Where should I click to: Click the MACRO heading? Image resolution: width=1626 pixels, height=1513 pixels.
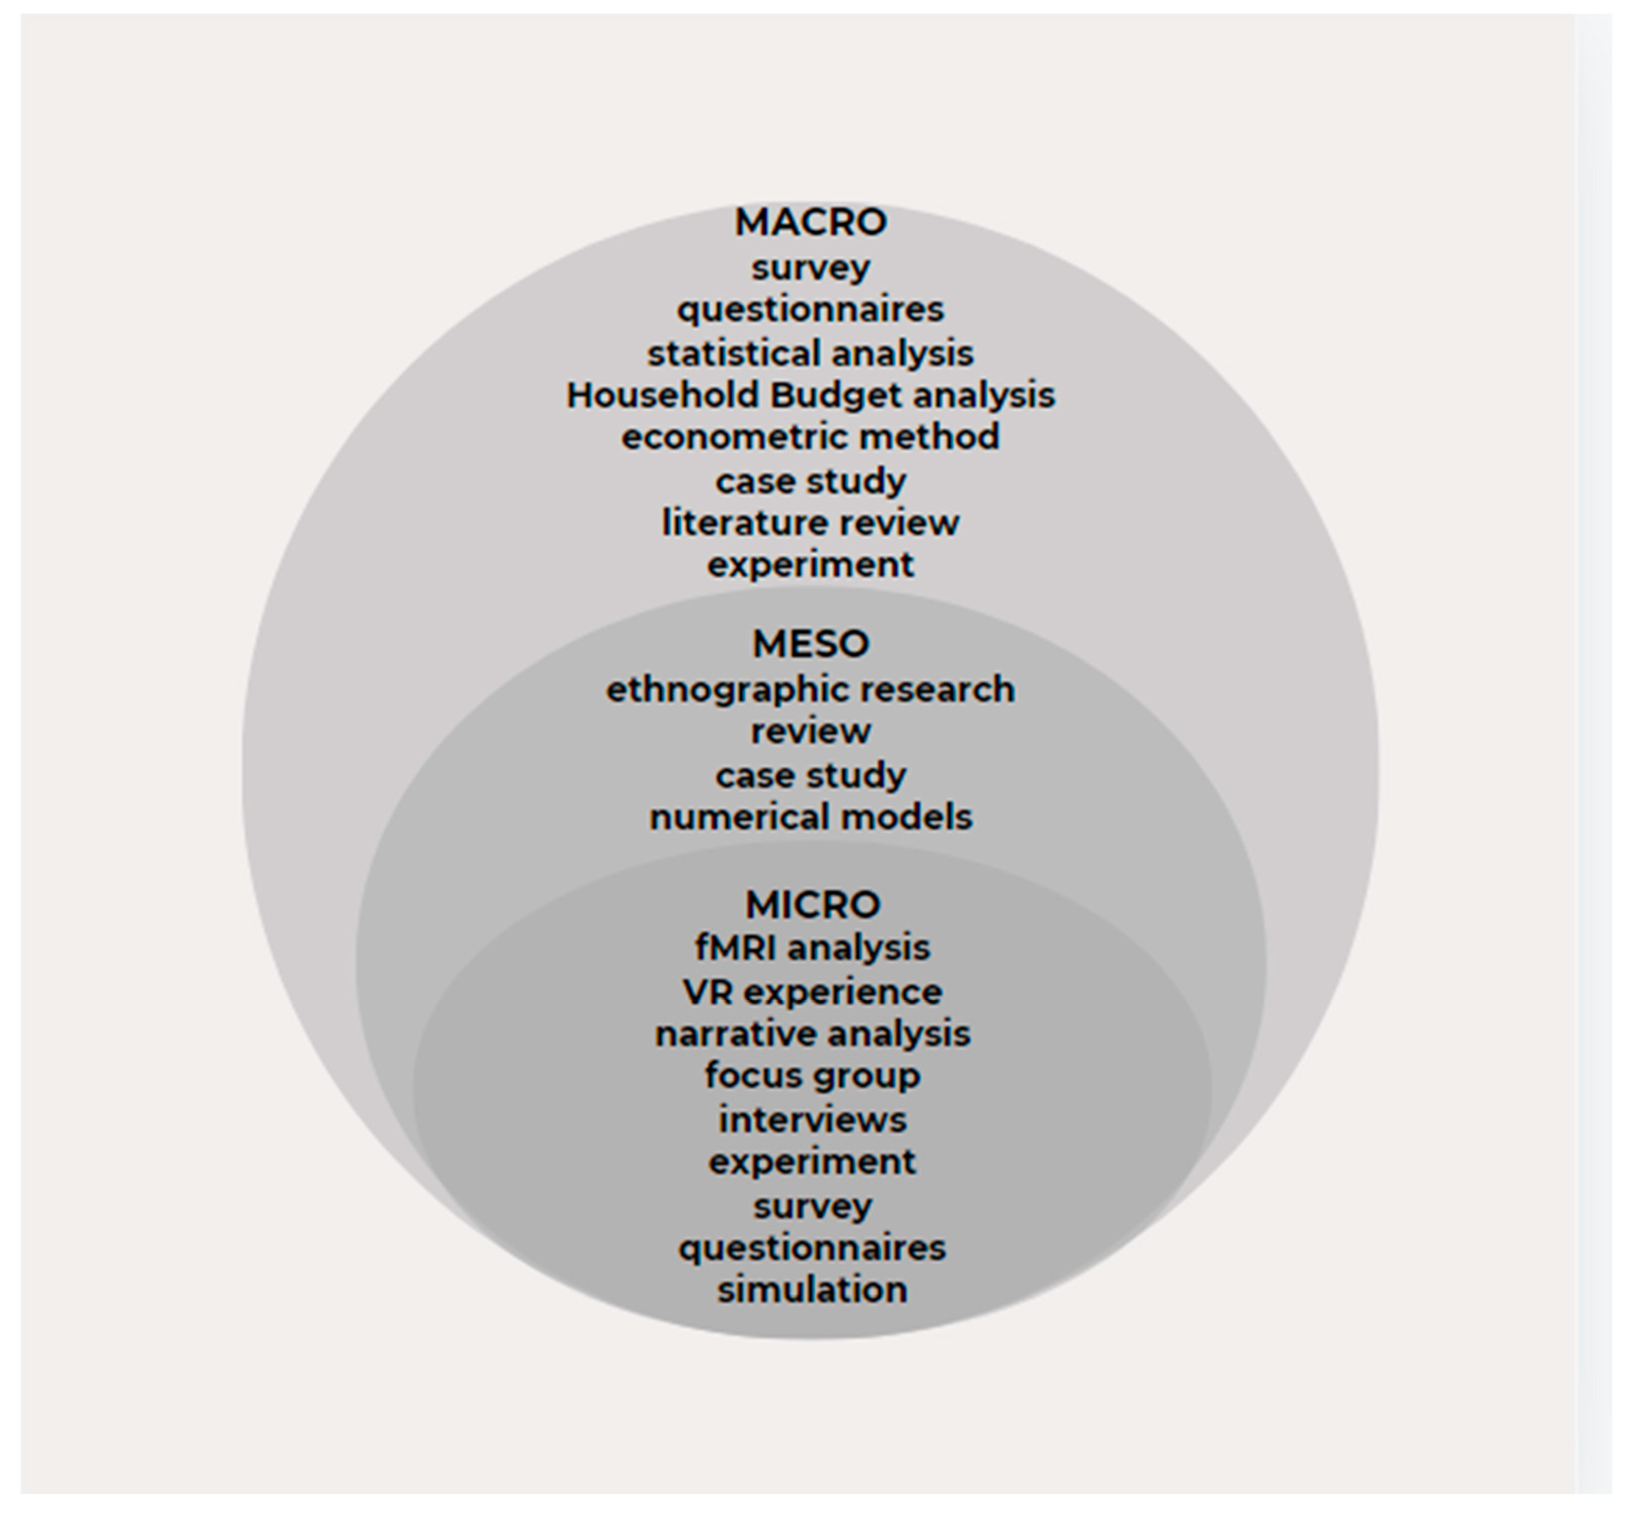coord(810,223)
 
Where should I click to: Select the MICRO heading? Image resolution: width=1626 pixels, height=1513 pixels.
coord(812,905)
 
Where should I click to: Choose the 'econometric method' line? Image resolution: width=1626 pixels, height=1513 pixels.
coord(810,437)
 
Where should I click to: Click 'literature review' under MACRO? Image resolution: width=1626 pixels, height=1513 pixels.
coord(810,523)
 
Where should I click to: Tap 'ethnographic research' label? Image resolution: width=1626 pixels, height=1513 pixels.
coord(810,690)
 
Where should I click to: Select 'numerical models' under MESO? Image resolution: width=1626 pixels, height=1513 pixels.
coord(810,817)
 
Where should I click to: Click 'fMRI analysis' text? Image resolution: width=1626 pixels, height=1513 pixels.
coord(812,948)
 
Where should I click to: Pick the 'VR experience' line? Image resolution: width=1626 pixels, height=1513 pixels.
coord(812,992)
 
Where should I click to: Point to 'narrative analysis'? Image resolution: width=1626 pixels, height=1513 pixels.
coord(812,1034)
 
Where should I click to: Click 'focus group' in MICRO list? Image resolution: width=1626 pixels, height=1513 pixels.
coord(812,1075)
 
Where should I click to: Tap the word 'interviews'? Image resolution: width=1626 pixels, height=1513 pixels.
coord(812,1120)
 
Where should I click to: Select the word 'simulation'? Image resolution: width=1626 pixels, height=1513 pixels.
coord(812,1289)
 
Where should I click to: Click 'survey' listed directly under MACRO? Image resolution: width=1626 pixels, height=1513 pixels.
coord(810,268)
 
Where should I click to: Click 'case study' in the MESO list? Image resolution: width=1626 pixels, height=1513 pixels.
coord(810,775)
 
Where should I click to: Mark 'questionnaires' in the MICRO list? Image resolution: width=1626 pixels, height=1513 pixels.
coord(812,1248)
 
